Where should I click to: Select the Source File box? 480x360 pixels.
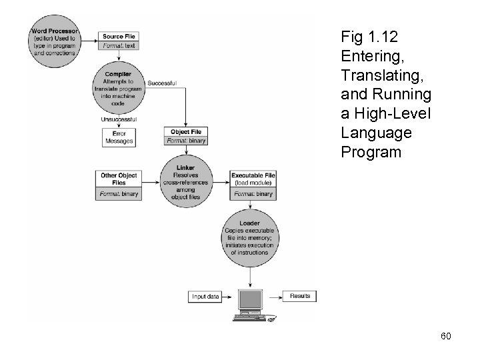(120, 40)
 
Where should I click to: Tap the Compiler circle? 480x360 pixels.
(118, 87)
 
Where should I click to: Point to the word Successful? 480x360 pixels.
(161, 83)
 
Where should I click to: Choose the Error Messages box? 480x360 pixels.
(120, 137)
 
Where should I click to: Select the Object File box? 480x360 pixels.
(185, 136)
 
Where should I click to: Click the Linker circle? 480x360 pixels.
(185, 180)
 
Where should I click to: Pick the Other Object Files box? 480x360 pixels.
(119, 185)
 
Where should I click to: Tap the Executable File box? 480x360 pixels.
(253, 185)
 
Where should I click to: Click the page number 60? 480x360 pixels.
(445, 336)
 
